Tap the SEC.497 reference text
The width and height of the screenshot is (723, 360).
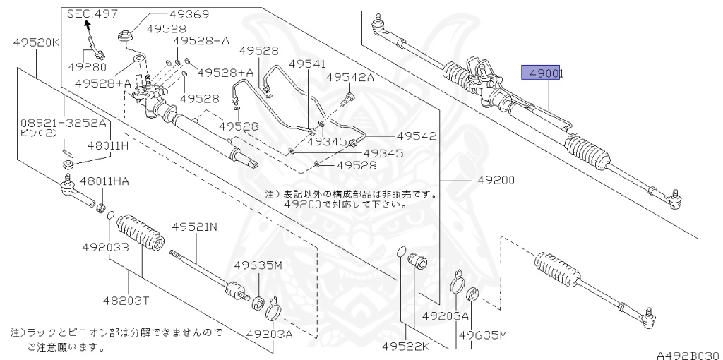coord(92,13)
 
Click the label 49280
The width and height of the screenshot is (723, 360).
coord(88,68)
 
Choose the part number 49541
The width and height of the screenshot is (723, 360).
coord(307,64)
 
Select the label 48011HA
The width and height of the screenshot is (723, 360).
coord(104,181)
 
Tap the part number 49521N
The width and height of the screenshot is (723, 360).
coord(194,227)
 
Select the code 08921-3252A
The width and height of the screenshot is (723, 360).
coord(64,123)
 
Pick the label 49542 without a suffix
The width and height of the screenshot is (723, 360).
coord(416,136)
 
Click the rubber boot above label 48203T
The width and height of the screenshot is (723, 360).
coord(140,234)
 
